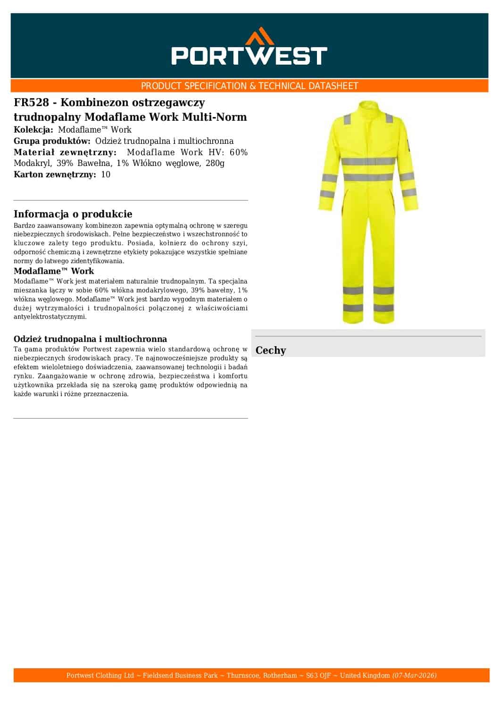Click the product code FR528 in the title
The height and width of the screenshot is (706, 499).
31,102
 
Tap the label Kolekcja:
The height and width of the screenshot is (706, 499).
34,130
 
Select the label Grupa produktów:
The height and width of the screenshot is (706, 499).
52,141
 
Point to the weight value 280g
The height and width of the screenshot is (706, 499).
215,163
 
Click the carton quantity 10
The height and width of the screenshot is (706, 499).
106,174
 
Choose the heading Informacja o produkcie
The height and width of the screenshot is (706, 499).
73,214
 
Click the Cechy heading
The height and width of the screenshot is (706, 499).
271,350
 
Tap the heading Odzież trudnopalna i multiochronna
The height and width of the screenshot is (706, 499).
90,339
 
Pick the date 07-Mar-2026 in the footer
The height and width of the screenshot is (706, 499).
414,675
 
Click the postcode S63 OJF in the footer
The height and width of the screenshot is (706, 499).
318,675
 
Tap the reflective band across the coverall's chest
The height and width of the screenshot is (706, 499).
368,161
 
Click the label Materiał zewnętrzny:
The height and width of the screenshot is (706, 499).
65,152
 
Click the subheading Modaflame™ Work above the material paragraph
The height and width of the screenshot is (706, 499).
54,271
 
